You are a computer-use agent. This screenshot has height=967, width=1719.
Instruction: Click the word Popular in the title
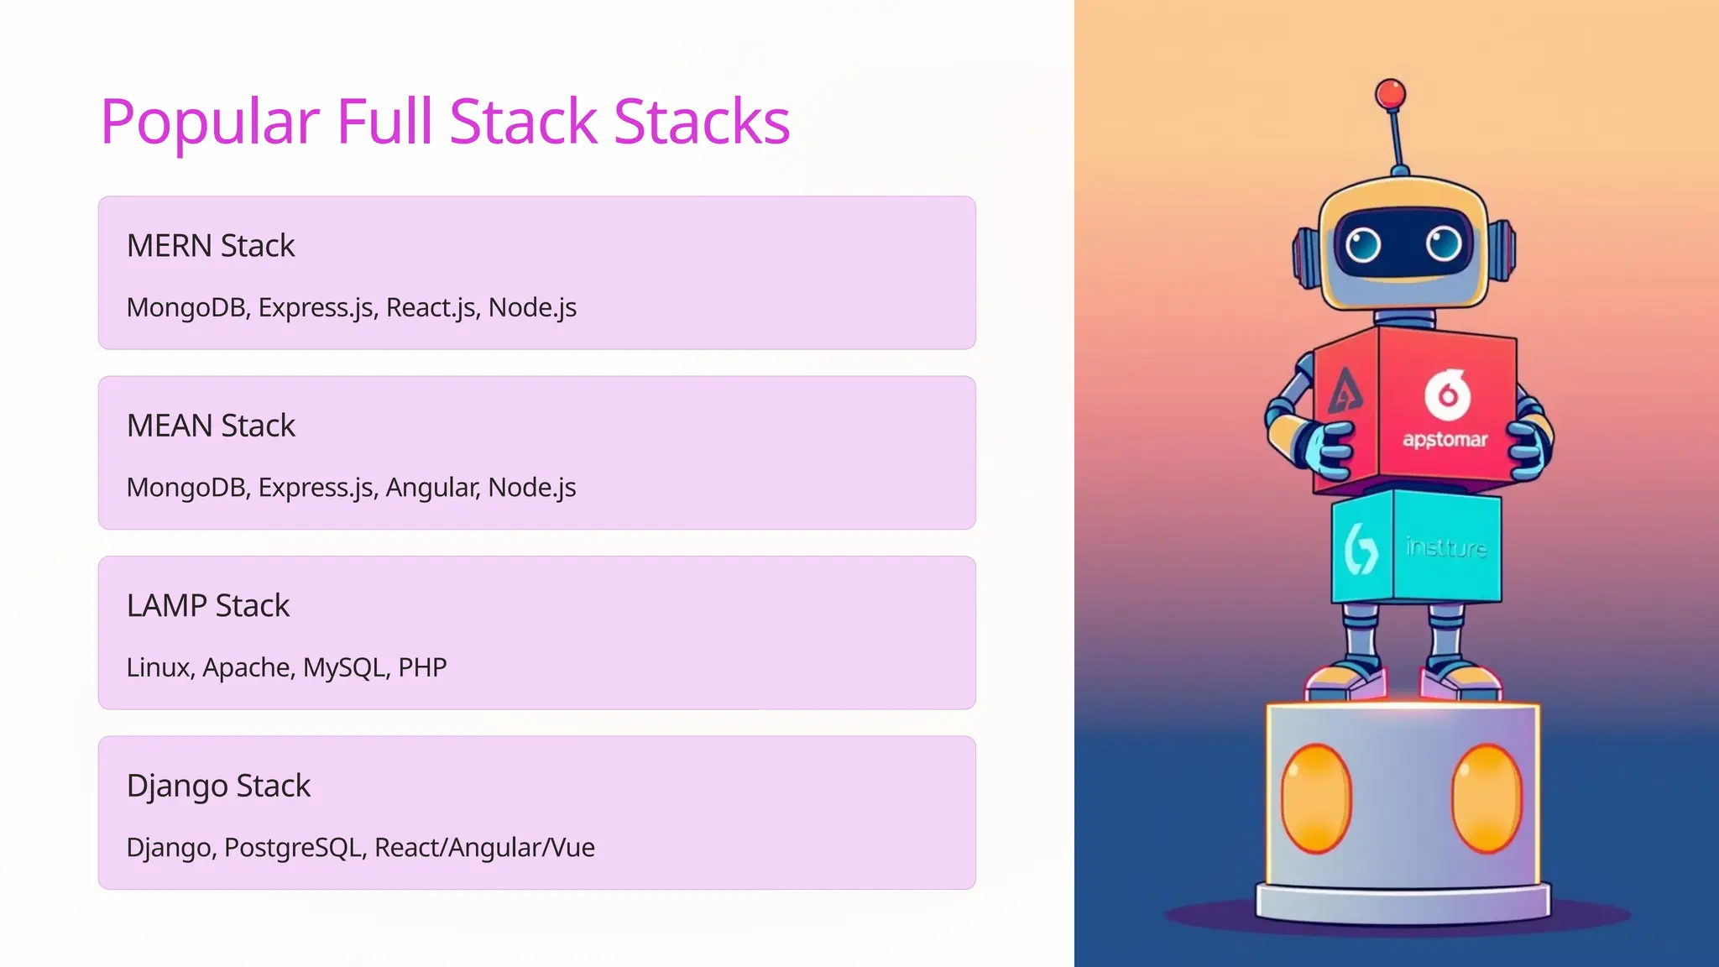point(210,122)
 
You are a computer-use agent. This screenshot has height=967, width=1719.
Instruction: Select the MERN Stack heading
point(211,246)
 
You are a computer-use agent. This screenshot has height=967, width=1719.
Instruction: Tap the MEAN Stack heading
point(211,426)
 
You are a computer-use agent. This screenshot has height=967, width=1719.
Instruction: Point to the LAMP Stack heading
point(208,605)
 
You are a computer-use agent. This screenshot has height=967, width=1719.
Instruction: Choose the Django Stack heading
point(218,786)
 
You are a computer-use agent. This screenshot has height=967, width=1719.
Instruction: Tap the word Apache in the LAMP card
point(248,667)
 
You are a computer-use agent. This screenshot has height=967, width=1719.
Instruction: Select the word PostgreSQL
point(295,848)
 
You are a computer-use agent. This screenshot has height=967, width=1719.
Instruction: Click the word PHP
point(422,667)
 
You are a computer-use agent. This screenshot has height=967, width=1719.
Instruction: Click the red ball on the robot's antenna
point(1391,94)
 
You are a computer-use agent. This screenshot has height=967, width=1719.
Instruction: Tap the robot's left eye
point(1362,245)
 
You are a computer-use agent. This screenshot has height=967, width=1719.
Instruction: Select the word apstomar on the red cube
point(1445,439)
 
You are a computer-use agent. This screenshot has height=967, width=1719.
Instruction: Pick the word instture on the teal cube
point(1446,547)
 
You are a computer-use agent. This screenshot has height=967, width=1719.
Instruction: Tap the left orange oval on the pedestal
point(1316,798)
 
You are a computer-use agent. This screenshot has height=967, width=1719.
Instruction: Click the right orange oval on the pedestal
point(1486,798)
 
